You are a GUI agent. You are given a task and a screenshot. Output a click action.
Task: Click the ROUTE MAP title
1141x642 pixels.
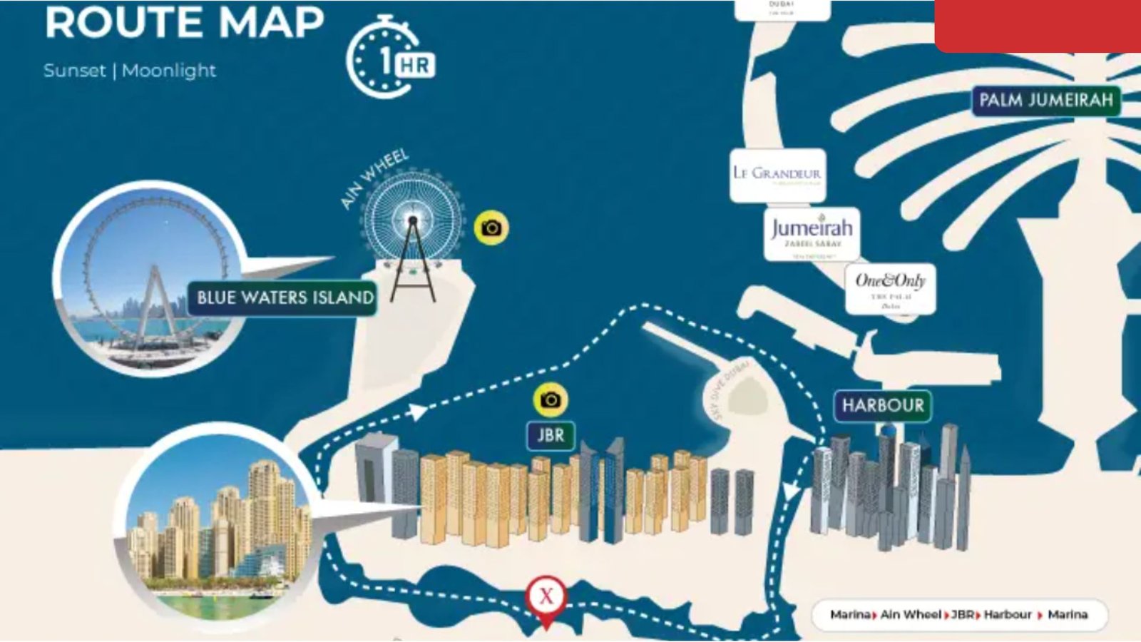pyautogui.click(x=184, y=23)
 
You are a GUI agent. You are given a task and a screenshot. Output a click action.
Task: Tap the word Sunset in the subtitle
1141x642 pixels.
pyautogui.click(x=74, y=71)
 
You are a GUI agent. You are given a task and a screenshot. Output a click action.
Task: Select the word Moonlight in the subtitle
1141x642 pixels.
pyautogui.click(x=169, y=71)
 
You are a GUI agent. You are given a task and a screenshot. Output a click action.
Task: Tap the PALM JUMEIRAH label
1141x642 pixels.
pyautogui.click(x=1045, y=101)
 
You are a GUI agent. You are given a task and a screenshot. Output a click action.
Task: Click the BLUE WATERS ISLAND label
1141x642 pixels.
pyautogui.click(x=285, y=297)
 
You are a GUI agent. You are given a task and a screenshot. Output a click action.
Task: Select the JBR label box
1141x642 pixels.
pyautogui.click(x=551, y=435)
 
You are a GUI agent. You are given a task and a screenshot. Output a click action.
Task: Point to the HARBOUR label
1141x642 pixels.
pyautogui.click(x=882, y=405)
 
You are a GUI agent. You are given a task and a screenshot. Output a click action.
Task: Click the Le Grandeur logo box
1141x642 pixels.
pyautogui.click(x=777, y=174)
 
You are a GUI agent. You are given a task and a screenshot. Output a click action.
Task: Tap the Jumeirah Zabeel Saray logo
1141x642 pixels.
pyautogui.click(x=812, y=233)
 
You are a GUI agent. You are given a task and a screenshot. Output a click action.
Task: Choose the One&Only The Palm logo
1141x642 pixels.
pyautogui.click(x=890, y=288)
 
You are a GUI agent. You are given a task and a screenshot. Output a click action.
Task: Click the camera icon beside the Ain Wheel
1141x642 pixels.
pyautogui.click(x=491, y=228)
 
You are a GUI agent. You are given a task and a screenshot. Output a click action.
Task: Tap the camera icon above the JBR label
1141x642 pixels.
pyautogui.click(x=550, y=400)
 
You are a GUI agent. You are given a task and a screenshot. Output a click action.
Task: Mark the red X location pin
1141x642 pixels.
pyautogui.click(x=546, y=598)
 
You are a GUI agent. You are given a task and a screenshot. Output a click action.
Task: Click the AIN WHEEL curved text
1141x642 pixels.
pyautogui.click(x=374, y=178)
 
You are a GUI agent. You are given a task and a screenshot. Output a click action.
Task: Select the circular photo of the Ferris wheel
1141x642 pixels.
pyautogui.click(x=150, y=278)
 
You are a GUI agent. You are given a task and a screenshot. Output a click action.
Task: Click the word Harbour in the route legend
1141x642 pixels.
pyautogui.click(x=1007, y=614)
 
